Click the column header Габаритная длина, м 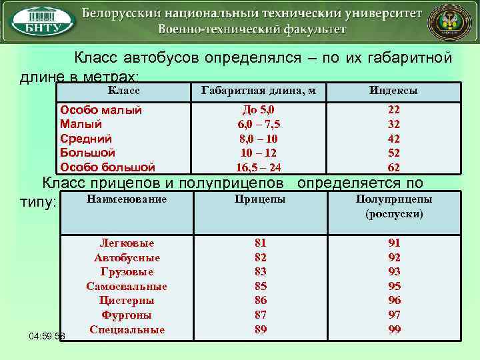(x=258, y=91)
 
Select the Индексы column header (x=394, y=91)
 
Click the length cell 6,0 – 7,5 (x=259, y=124)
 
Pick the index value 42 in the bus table (x=394, y=139)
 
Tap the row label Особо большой (x=107, y=167)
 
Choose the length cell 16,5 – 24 (x=259, y=167)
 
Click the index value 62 (x=394, y=167)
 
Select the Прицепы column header (x=260, y=199)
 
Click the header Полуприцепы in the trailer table (x=394, y=199)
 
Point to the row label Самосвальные (x=127, y=286)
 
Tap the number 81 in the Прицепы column (x=261, y=243)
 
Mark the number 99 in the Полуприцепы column (x=395, y=329)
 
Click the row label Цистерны (x=127, y=301)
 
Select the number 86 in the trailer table (x=261, y=301)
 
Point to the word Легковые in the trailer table (x=127, y=243)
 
